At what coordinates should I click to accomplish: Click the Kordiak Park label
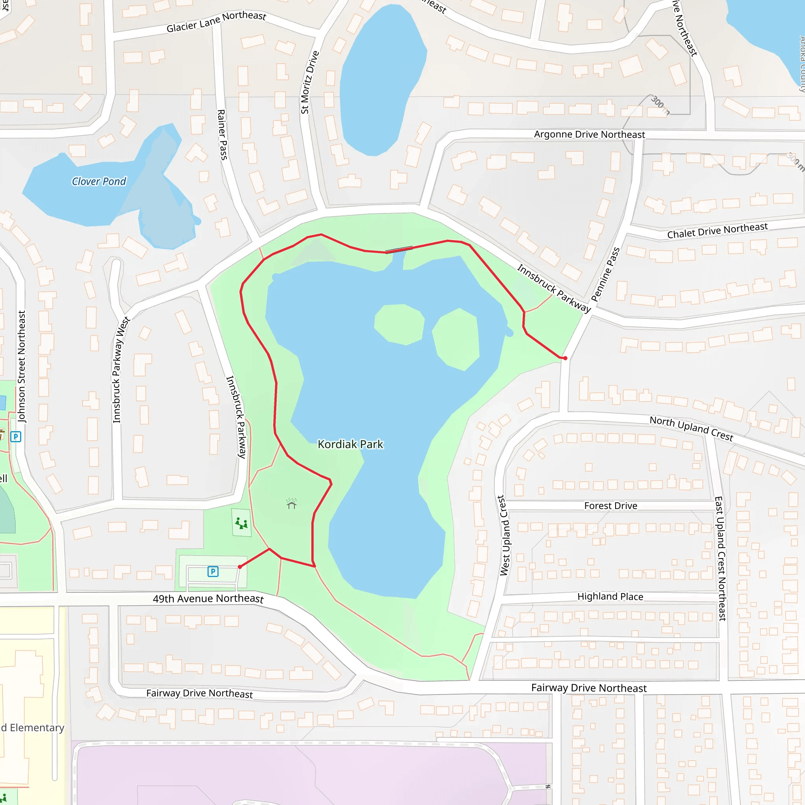click(x=350, y=444)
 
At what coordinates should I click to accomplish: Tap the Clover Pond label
click(x=99, y=181)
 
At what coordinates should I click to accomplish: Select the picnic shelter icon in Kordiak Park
click(x=291, y=504)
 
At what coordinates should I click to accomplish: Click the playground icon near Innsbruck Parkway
click(x=241, y=523)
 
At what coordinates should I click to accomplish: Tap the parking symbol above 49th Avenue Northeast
click(x=213, y=571)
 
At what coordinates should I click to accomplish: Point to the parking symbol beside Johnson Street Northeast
click(x=16, y=437)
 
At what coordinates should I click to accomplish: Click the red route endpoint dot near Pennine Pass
click(x=565, y=358)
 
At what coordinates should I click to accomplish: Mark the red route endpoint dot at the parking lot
click(x=240, y=567)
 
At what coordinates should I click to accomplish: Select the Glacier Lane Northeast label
click(x=216, y=22)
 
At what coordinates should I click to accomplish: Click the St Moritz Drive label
click(x=310, y=83)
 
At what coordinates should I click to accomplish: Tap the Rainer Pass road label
click(x=222, y=134)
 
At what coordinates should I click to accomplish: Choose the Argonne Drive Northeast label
click(x=589, y=134)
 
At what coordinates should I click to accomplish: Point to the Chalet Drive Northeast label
click(x=717, y=231)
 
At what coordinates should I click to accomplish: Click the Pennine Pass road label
click(x=605, y=274)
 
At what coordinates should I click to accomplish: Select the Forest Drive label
click(x=610, y=505)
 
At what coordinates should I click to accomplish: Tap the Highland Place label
click(x=610, y=596)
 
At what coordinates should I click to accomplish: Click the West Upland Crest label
click(x=504, y=535)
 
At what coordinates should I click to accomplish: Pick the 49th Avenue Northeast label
click(x=208, y=599)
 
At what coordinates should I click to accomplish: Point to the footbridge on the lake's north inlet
click(x=399, y=250)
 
